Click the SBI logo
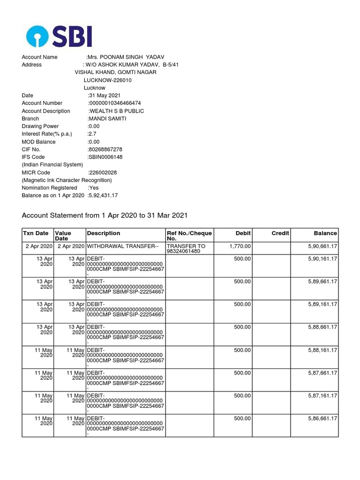(59, 36)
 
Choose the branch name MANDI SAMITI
(107, 119)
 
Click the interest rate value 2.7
(92, 134)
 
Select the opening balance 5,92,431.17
(103, 195)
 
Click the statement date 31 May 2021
(104, 96)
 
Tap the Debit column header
(243, 233)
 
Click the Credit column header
(280, 233)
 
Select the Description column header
(103, 233)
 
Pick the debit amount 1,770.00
(240, 246)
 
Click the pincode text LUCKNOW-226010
(107, 80)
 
